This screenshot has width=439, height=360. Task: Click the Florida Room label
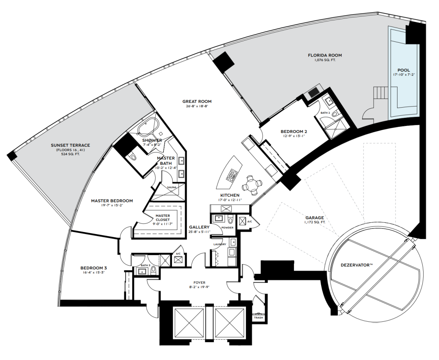click(x=325, y=55)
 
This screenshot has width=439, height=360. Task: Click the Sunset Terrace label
click(x=70, y=145)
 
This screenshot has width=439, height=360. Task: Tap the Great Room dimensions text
click(x=197, y=106)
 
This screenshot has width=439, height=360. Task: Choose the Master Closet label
click(x=163, y=217)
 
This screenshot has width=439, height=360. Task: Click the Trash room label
click(x=259, y=318)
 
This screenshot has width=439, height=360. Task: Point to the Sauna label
click(x=172, y=187)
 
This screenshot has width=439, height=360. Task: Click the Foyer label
click(x=199, y=283)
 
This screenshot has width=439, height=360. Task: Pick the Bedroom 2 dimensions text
click(x=294, y=137)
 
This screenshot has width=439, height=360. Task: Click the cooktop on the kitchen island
click(x=233, y=175)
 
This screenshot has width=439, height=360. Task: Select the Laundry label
click(x=220, y=244)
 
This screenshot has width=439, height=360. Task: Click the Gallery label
click(x=199, y=227)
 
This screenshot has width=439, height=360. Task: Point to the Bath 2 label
click(x=325, y=113)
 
